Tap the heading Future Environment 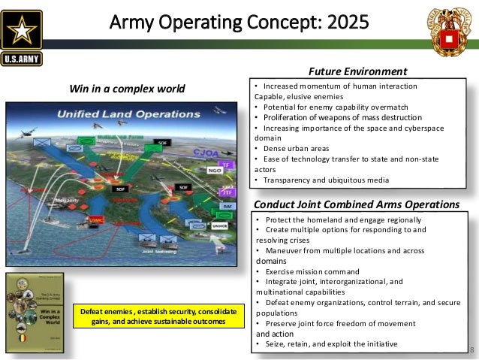coord(358,72)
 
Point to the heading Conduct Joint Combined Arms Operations coord(357,204)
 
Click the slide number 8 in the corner coord(472,349)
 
